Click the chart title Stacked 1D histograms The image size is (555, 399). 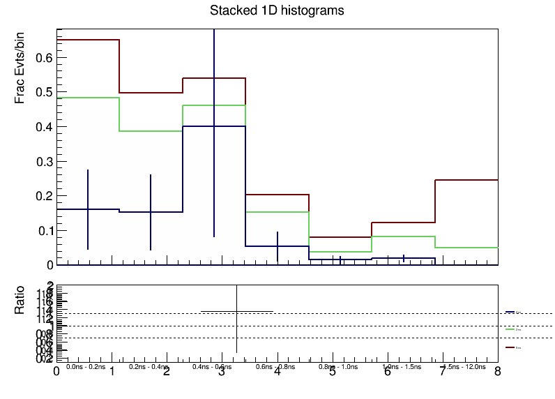[x=277, y=11]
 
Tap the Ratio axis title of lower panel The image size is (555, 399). [x=22, y=299]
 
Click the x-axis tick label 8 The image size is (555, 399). [x=497, y=372]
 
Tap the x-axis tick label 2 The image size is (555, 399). [x=167, y=372]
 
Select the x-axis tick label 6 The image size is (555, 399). [x=387, y=372]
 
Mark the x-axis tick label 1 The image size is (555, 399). [x=112, y=372]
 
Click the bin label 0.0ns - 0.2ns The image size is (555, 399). [x=86, y=366]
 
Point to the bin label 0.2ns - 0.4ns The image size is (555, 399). [x=149, y=366]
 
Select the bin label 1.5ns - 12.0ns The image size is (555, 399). [x=466, y=366]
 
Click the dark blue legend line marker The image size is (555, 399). [x=510, y=312]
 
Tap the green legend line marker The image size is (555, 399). [x=510, y=329]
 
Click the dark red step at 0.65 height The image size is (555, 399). [x=88, y=40]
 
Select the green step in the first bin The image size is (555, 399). [x=88, y=98]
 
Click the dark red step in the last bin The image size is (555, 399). [x=466, y=180]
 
